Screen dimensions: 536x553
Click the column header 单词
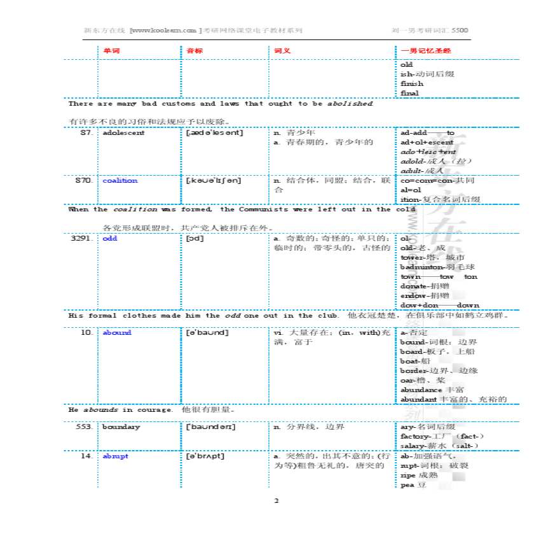(x=111, y=50)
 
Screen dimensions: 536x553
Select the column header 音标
(x=195, y=50)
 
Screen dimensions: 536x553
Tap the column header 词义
(x=282, y=50)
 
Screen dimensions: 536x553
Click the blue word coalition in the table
(x=119, y=181)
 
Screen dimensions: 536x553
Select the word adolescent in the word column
(x=123, y=133)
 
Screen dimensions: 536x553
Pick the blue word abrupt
(x=115, y=456)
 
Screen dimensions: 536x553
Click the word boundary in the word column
(x=121, y=427)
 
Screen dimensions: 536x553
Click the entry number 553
(x=85, y=427)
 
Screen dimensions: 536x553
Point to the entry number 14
(x=87, y=456)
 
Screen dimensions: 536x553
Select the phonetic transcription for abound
(x=207, y=332)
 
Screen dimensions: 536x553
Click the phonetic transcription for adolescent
(x=214, y=133)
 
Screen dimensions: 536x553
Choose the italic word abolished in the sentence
(x=350, y=103)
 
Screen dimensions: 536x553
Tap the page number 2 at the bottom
(x=276, y=501)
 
